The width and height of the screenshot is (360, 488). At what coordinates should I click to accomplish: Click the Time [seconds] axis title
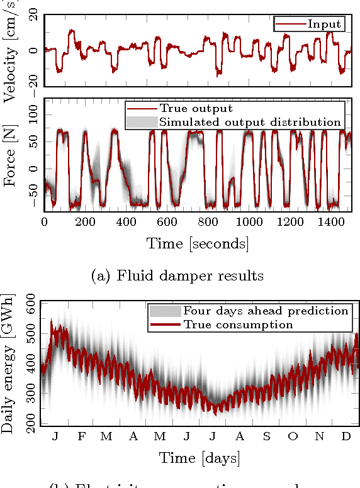tap(197, 243)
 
